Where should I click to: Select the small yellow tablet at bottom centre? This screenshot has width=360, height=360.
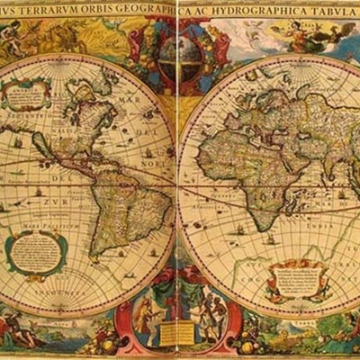(x=176, y=334)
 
